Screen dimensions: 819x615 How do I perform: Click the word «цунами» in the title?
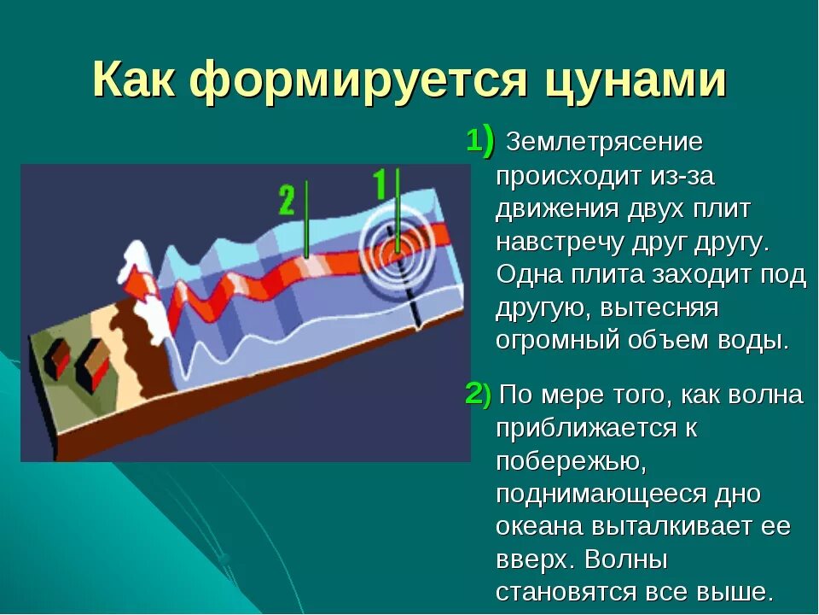(635, 81)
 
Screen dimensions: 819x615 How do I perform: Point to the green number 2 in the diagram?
(287, 199)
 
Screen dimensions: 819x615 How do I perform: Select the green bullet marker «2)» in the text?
(478, 394)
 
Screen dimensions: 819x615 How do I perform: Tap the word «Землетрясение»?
(604, 143)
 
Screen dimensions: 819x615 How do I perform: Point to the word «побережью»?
(572, 462)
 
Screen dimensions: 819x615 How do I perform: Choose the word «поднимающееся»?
(600, 495)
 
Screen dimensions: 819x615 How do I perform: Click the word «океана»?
(539, 527)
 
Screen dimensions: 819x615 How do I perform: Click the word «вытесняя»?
(659, 308)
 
